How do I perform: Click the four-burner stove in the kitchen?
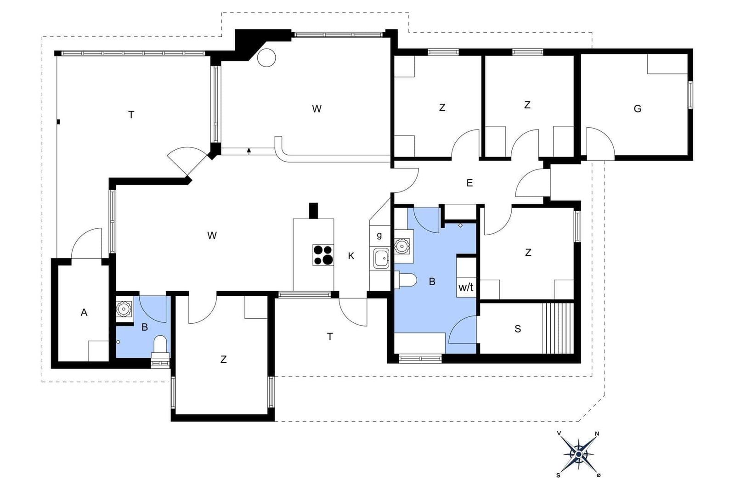pyautogui.click(x=323, y=255)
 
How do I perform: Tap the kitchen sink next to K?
pyautogui.click(x=381, y=258)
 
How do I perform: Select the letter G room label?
pyautogui.click(x=637, y=108)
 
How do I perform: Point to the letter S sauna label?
pyautogui.click(x=518, y=329)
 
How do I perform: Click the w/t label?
pyautogui.click(x=466, y=287)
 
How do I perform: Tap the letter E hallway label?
pyautogui.click(x=469, y=183)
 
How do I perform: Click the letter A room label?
pyautogui.click(x=84, y=313)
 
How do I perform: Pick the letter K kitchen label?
pyautogui.click(x=351, y=256)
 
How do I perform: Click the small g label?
pyautogui.click(x=379, y=235)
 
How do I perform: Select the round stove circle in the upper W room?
pyautogui.click(x=266, y=58)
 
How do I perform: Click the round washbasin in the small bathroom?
pyautogui.click(x=124, y=309)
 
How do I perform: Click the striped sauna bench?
pyautogui.click(x=558, y=328)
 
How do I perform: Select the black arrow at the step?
pyautogui.click(x=249, y=151)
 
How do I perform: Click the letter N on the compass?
pyautogui.click(x=597, y=434)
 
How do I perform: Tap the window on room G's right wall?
pyautogui.click(x=690, y=95)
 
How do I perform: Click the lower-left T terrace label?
pyautogui.click(x=330, y=337)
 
